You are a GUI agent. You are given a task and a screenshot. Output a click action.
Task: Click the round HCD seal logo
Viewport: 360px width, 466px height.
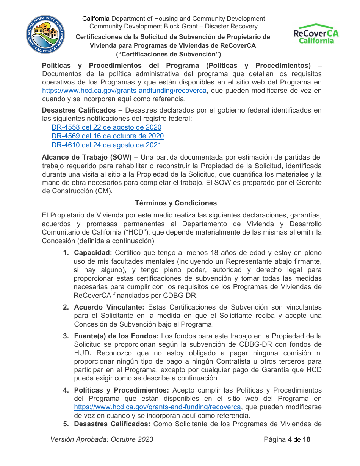pos(45,35)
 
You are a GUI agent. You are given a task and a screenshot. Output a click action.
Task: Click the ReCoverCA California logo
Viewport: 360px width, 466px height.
pos(316,34)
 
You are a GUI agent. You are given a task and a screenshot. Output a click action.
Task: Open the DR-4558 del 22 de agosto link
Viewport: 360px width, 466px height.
pos(106,127)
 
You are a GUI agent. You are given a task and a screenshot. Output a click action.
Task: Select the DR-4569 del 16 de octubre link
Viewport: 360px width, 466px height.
pos(108,136)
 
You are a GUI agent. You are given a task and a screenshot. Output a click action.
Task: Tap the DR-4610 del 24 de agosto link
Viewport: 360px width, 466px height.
pos(106,145)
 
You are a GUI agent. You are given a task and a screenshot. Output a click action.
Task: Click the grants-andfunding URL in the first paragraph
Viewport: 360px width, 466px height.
pos(124,91)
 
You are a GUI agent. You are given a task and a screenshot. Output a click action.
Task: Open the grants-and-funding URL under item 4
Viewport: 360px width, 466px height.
pos(157,407)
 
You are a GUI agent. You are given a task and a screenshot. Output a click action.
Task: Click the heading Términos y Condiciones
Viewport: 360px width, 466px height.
pos(176,203)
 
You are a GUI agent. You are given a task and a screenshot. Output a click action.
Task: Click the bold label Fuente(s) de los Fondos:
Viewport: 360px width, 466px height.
pos(117,336)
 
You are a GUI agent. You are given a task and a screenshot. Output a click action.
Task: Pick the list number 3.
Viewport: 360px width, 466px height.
pos(66,336)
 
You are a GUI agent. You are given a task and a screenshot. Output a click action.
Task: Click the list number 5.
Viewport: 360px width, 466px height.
pos(66,424)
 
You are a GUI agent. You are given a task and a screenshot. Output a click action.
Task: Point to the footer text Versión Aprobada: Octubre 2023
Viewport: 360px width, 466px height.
pos(102,439)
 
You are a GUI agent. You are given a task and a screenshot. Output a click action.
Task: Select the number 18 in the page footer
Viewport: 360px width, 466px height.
pos(306,439)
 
